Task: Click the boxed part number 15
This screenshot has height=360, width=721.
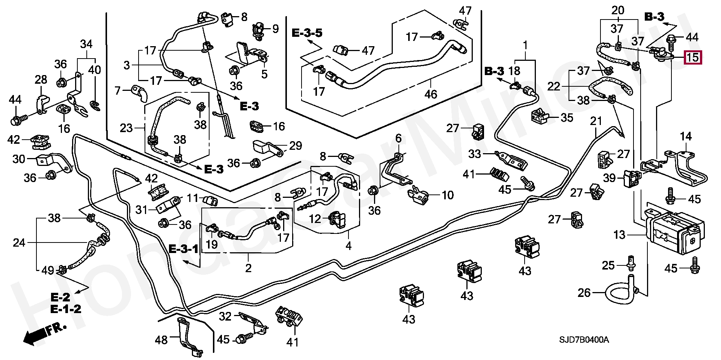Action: tap(692, 57)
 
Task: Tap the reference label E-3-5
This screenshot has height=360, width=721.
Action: tap(307, 33)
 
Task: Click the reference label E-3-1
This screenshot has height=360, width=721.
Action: tap(183, 249)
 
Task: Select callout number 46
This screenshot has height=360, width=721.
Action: tap(431, 94)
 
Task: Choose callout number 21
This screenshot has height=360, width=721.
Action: tap(596, 121)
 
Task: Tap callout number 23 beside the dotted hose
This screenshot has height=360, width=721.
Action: tap(126, 128)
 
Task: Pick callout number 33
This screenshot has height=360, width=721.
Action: tap(475, 154)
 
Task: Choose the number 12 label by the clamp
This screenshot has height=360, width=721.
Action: tap(315, 218)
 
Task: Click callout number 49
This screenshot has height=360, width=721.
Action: tap(48, 270)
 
